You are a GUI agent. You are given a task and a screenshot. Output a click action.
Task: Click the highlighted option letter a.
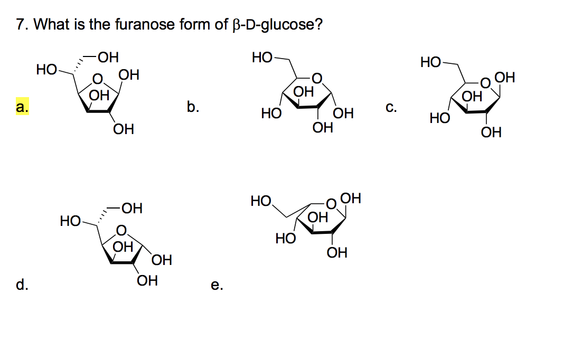[22, 107]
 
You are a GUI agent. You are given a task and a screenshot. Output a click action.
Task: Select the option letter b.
[193, 107]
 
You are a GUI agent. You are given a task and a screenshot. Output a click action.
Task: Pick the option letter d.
[22, 285]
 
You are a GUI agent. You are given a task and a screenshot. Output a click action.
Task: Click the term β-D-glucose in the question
[276, 25]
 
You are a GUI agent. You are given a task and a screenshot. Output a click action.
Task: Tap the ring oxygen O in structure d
[121, 231]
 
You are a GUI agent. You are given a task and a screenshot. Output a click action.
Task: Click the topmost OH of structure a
[108, 56]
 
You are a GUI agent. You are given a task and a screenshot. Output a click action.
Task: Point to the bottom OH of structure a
[123, 129]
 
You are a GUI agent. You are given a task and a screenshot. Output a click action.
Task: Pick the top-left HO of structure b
[262, 56]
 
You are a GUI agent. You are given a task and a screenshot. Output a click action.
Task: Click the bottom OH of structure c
[491, 132]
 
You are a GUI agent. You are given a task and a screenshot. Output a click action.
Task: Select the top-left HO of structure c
[431, 63]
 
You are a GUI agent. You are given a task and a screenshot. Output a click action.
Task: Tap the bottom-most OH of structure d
[147, 280]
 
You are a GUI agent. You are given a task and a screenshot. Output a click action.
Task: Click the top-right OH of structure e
[351, 199]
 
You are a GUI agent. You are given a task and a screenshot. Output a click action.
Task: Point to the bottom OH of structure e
[337, 253]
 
